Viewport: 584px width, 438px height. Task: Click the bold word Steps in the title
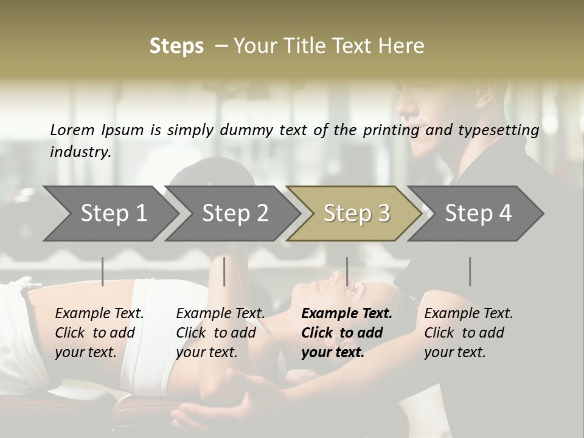click(176, 46)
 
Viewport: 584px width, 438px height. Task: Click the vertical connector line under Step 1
click(103, 271)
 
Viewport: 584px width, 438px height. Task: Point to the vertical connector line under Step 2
click(224, 271)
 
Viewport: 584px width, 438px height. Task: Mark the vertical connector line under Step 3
click(347, 271)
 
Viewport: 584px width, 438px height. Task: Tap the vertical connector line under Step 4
click(470, 271)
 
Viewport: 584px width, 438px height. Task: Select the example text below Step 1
click(99, 333)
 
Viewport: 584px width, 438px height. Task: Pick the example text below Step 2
click(220, 333)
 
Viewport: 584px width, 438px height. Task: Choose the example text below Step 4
click(468, 333)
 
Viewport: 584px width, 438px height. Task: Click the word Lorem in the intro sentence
click(72, 130)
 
